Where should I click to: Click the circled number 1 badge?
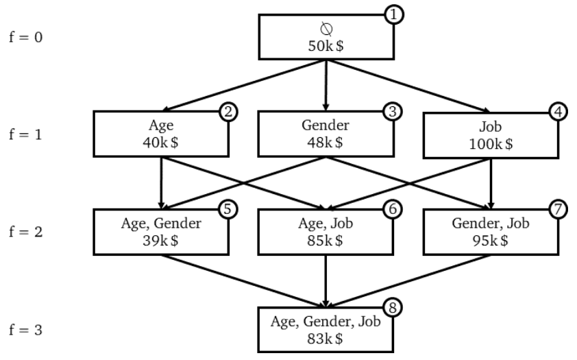394,14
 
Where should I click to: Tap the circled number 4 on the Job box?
558,112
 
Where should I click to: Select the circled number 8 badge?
393,307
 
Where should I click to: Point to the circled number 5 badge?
228,209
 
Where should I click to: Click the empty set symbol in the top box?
326,29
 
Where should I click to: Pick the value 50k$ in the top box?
326,46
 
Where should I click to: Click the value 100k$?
491,144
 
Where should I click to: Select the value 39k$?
161,241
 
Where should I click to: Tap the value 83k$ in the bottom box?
326,339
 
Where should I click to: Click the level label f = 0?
26,37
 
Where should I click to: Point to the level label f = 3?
26,330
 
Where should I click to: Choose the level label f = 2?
26,232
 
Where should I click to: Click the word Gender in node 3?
326,125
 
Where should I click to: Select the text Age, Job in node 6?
326,224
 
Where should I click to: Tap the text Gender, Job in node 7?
491,224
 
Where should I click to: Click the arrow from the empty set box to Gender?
326,85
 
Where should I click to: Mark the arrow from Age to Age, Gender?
161,183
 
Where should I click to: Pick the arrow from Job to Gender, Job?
491,184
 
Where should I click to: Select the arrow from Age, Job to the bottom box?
326,281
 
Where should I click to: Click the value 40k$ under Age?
161,143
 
